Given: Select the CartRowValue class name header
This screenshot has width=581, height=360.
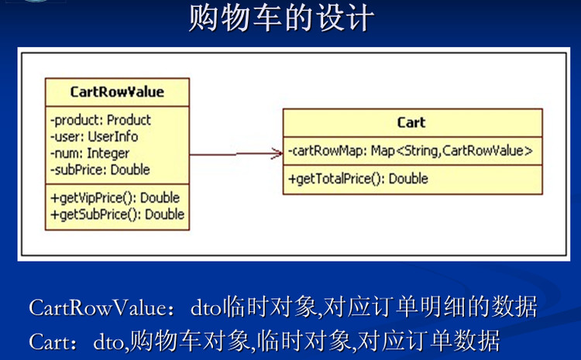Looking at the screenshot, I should (x=117, y=91).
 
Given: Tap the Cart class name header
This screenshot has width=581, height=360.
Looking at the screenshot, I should (x=411, y=122).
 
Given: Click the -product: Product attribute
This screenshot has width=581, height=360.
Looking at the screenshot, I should (x=101, y=120).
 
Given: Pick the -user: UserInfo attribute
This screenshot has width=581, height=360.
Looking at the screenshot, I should (x=95, y=136).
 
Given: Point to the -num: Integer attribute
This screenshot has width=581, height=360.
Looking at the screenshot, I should (x=90, y=153).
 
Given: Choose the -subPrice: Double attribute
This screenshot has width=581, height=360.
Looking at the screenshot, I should (x=100, y=170).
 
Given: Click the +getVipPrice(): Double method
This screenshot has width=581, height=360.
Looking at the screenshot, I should (x=115, y=197).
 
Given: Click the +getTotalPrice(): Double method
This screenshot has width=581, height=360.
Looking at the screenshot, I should (x=358, y=179).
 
